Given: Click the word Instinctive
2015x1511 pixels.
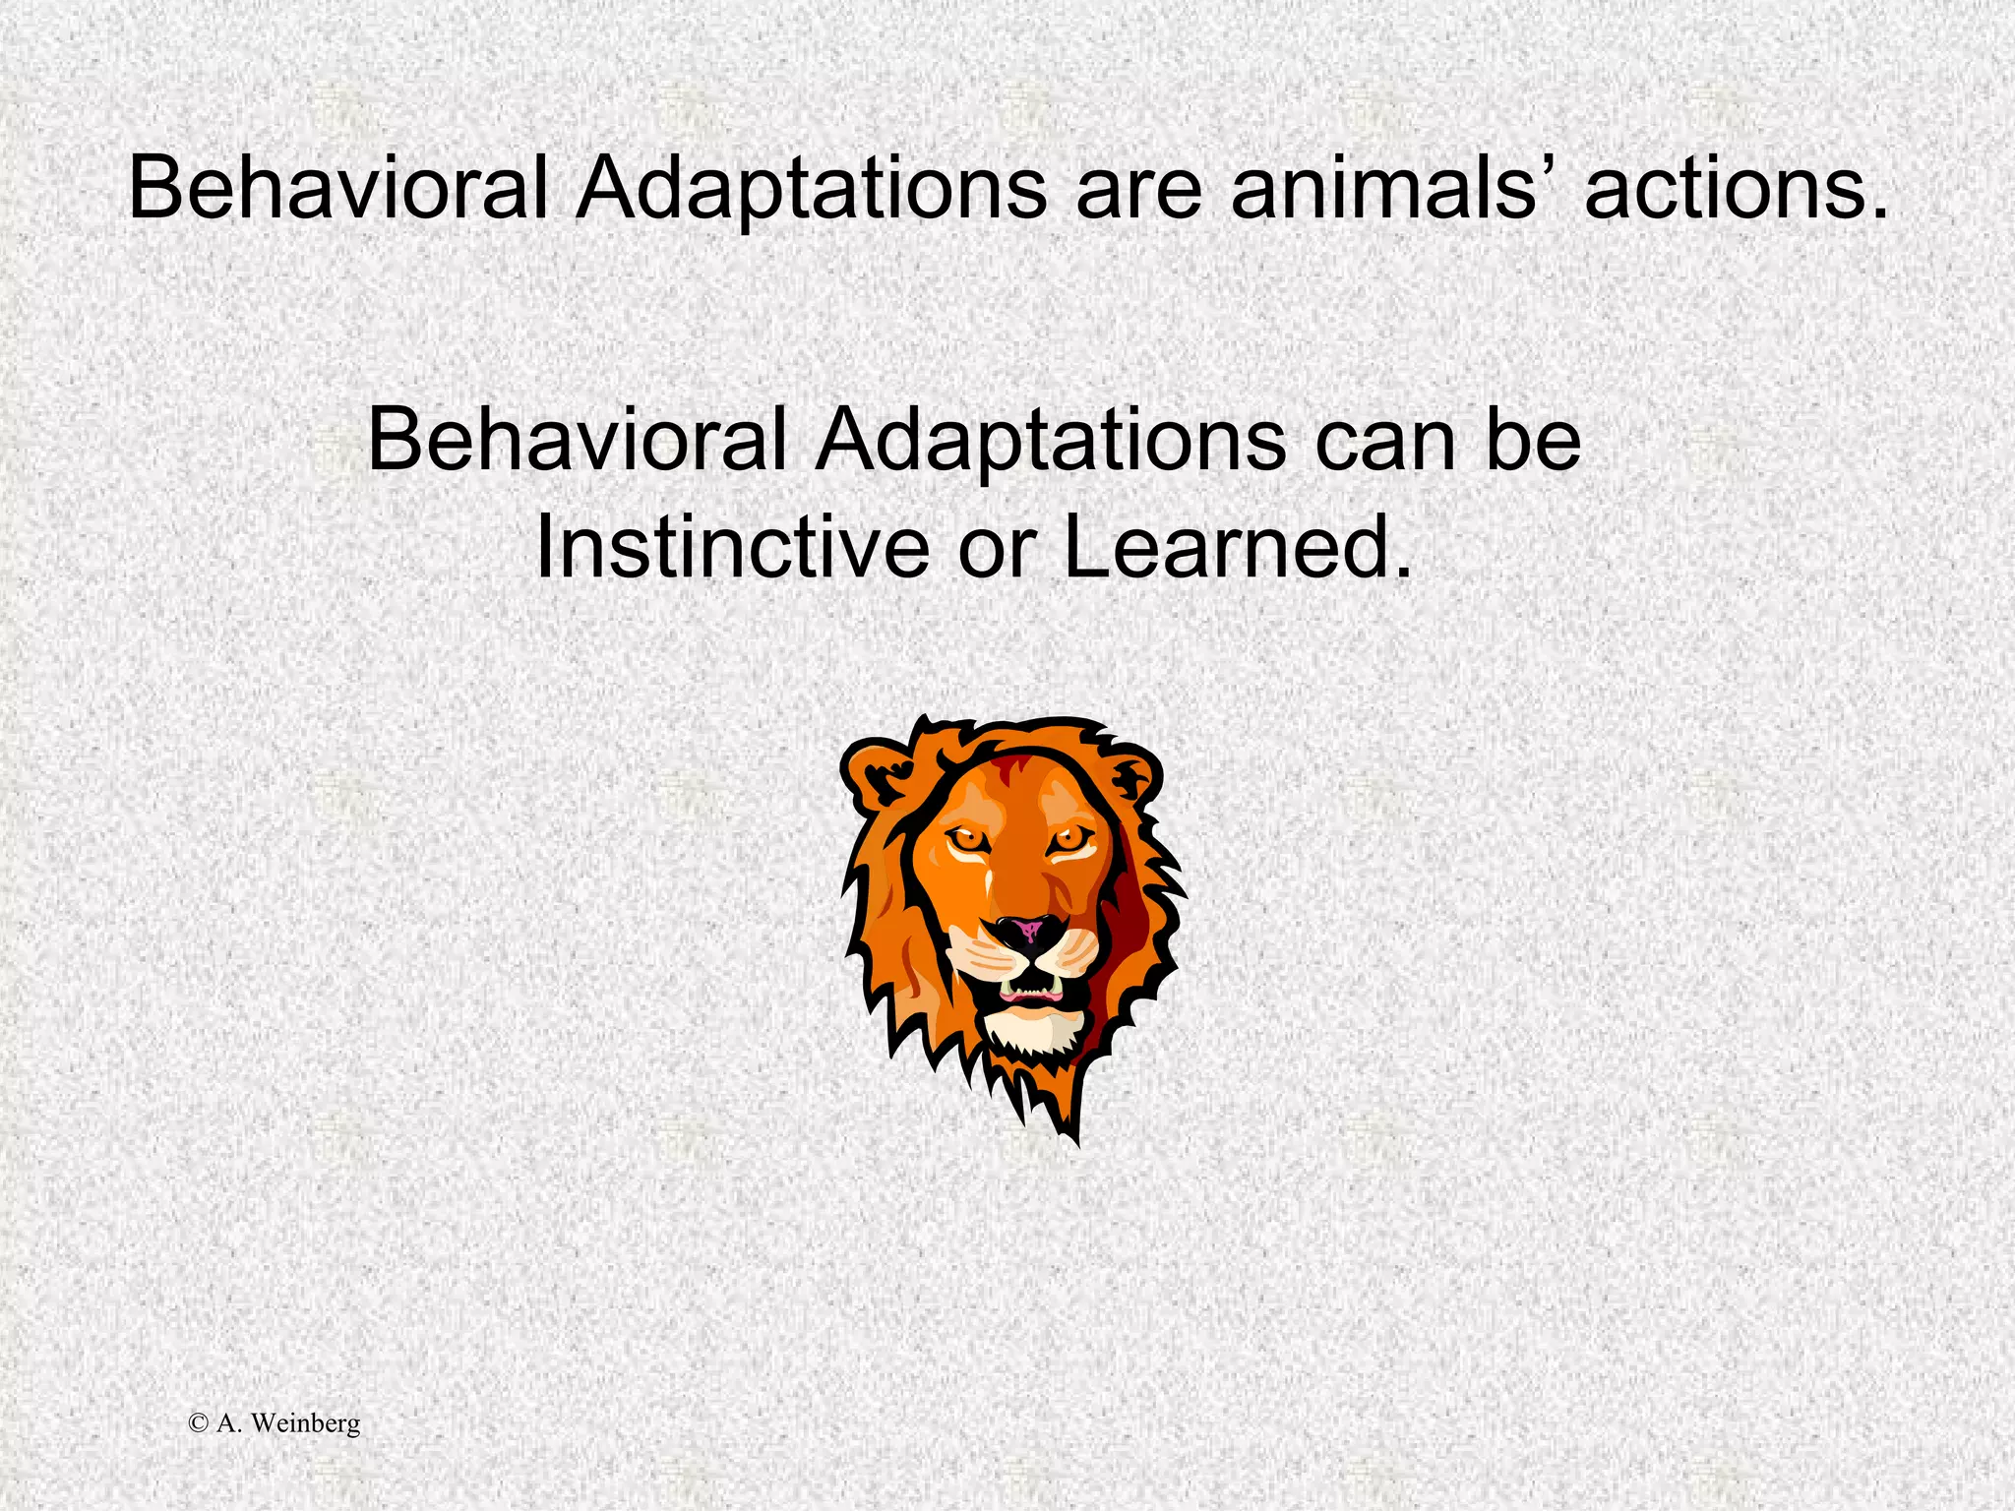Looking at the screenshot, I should point(732,547).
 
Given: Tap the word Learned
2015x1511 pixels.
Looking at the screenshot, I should point(1238,547).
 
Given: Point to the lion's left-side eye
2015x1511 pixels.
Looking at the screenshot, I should point(968,839).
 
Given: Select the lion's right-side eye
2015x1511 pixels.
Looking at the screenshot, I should point(1070,839).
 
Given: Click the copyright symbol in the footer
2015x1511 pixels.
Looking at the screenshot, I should point(198,1423).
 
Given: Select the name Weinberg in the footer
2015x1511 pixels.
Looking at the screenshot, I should point(306,1423).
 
